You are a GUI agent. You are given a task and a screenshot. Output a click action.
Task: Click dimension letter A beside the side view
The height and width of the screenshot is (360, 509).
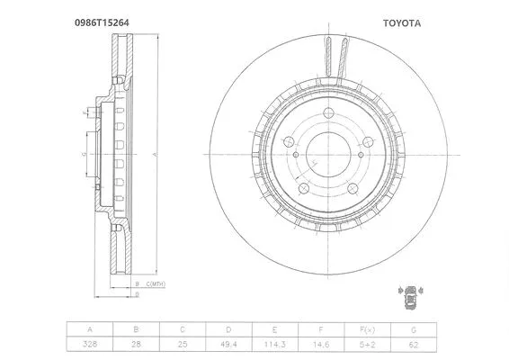point(154,154)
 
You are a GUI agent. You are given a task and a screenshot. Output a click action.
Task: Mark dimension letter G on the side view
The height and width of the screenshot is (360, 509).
point(83,154)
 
